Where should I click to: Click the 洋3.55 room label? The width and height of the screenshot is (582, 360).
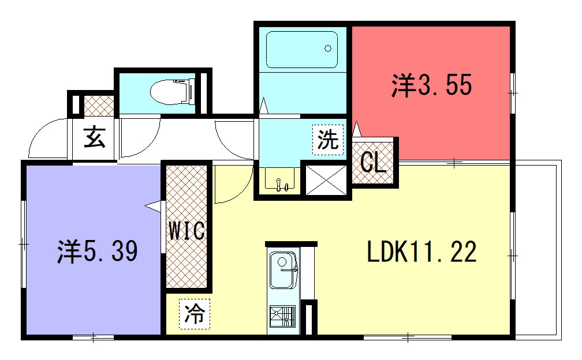coord(431,85)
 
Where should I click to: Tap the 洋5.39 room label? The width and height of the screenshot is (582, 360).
coord(97,251)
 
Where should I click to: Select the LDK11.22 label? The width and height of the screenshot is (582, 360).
coord(421,252)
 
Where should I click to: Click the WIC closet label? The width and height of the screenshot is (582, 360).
coord(186,231)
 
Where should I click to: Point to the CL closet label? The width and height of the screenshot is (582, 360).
coord(373,162)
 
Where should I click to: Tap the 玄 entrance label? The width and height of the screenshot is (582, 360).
coord(94,137)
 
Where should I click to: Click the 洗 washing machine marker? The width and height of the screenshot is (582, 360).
coord(328,140)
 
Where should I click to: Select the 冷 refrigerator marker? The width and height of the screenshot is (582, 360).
coord(195,314)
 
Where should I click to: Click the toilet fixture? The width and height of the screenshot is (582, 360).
coord(173,91)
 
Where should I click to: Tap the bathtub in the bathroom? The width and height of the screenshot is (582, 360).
coord(302,50)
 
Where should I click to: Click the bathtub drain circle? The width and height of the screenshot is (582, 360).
coord(328,48)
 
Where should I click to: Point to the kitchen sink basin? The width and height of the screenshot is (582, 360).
coord(283,270)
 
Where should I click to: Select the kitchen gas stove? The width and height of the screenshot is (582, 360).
coord(283,316)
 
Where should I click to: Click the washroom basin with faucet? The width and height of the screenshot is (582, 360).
coord(279,179)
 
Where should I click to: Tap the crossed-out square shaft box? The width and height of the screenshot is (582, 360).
coord(326,180)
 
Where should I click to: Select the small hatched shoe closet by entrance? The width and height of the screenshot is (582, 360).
coord(99,106)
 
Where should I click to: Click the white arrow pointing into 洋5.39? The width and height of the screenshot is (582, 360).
coord(154,207)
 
